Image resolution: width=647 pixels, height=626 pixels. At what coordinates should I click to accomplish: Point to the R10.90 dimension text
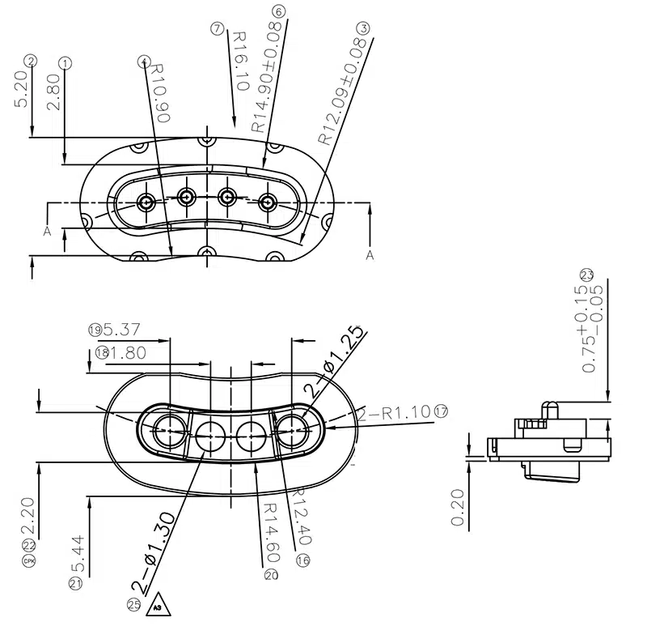pyautogui.click(x=161, y=92)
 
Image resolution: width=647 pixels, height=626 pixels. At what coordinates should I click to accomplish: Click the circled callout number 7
pyautogui.click(x=217, y=28)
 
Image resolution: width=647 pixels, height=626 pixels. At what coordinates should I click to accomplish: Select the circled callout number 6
pyautogui.click(x=279, y=11)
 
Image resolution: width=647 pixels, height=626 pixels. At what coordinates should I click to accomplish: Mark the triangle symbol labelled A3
pyautogui.click(x=158, y=606)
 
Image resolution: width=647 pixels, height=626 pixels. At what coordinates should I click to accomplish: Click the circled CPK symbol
pyautogui.click(x=30, y=560)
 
